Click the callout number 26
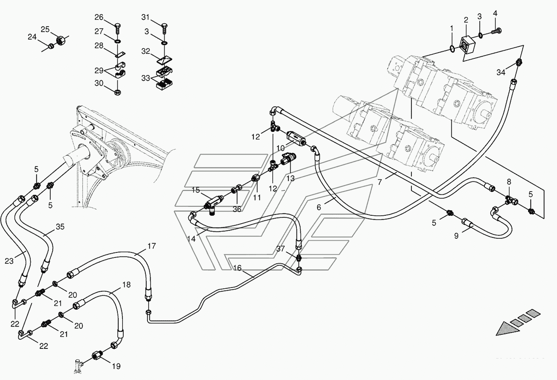tap(99, 17)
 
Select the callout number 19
tap(116, 366)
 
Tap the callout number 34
tap(501, 72)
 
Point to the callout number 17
tap(151, 246)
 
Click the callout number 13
tap(291, 178)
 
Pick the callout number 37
tap(280, 249)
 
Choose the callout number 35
tap(60, 227)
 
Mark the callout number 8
tap(509, 182)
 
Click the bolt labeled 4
tap(496, 31)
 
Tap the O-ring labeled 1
tap(452, 48)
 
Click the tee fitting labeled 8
tap(511, 200)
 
